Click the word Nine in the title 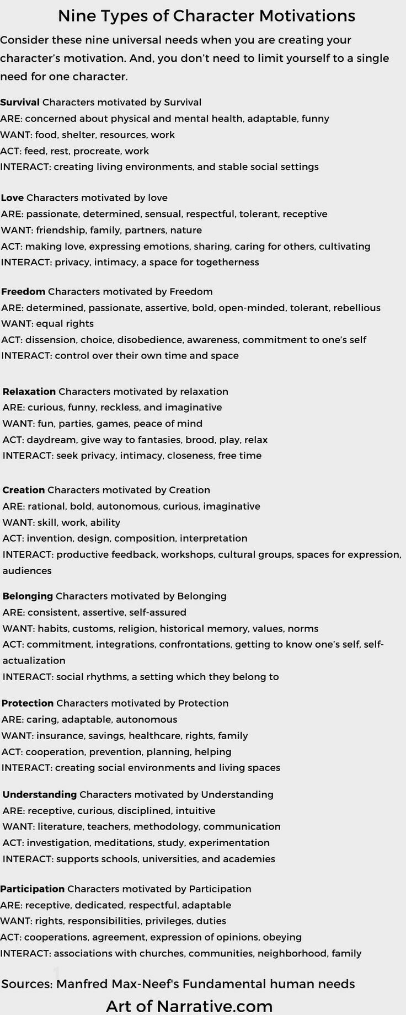pyautogui.click(x=76, y=16)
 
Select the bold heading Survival pyautogui.click(x=20, y=102)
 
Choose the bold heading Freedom pyautogui.click(x=23, y=291)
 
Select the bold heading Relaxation pyautogui.click(x=29, y=392)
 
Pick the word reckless pyautogui.click(x=117, y=408)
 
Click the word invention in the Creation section pyautogui.click(x=49, y=538)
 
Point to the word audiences pyautogui.click(x=27, y=571)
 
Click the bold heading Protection pyautogui.click(x=28, y=703)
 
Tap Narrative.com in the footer pyautogui.click(x=215, y=1006)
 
